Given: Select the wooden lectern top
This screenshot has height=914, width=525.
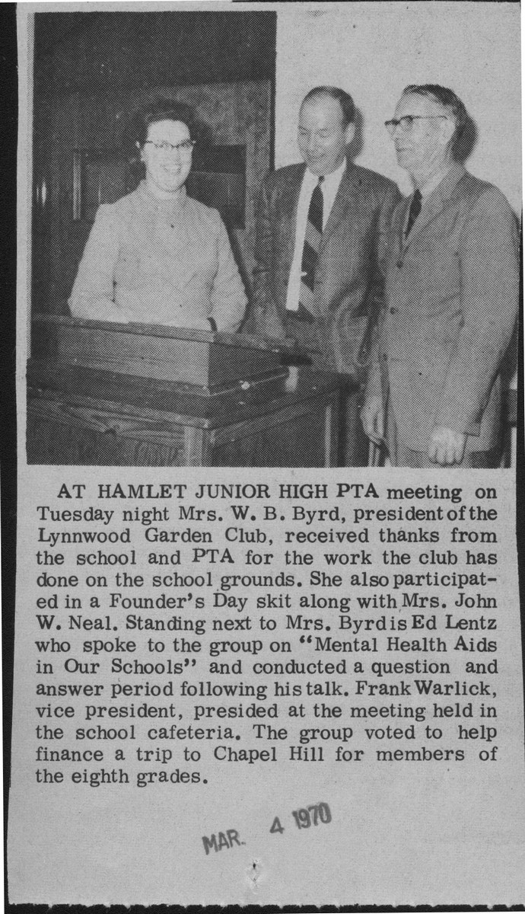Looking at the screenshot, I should coord(160,343).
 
